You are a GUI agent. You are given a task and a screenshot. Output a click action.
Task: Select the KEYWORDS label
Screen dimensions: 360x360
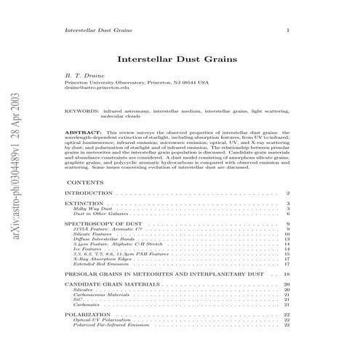(81, 111)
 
